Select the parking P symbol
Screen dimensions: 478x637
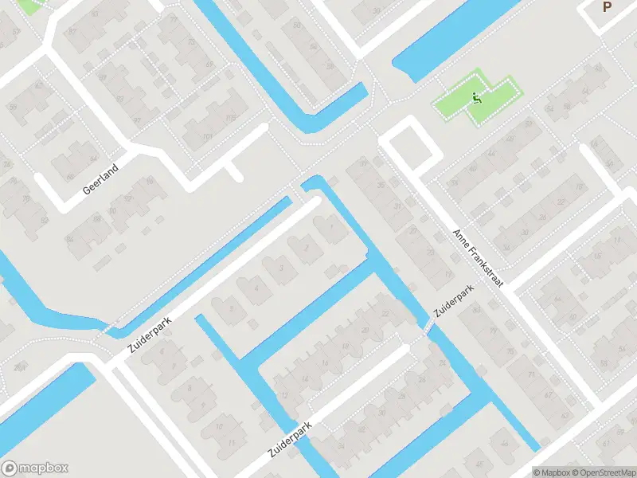(608, 7)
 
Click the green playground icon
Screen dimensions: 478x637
(476, 99)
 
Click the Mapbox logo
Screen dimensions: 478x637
(35, 468)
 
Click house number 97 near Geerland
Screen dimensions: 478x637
(137, 121)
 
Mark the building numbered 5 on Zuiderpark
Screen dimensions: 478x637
(231, 307)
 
